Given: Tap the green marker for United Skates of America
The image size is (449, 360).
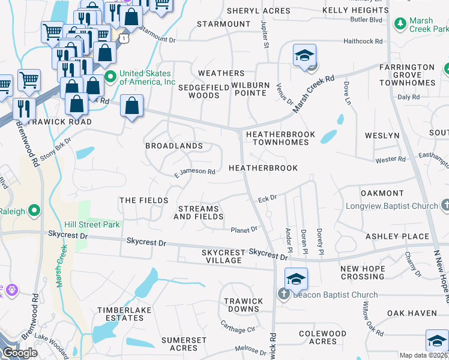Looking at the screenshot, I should coord(110,77).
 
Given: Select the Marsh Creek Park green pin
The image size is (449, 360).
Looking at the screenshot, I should coord(400,24).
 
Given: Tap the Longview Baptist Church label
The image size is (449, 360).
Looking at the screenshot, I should coord(391,206).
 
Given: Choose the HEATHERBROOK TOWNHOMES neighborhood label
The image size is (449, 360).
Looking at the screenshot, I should coord(280,137).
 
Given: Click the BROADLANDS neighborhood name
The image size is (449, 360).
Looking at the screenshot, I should coord(173,146).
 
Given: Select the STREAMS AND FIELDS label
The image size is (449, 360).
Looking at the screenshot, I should coord(199,212).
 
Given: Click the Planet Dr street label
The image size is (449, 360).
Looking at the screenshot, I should coord(244,229).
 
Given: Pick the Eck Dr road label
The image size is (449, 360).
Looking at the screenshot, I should coord(267,197).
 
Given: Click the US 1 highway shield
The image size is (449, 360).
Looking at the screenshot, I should coord(123,38).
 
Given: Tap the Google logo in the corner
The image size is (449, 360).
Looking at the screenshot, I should coord(20,352).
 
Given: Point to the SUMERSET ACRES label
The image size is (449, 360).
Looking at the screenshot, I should coord(184,344).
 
